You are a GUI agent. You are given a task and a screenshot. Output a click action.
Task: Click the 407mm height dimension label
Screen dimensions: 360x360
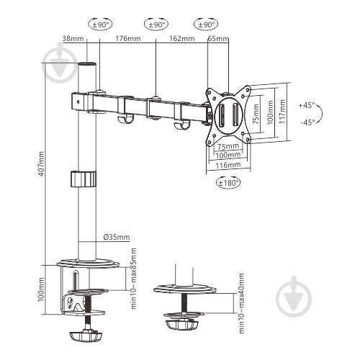[x=41, y=164]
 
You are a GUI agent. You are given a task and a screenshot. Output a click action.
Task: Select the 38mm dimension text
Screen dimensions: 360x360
[x=73, y=38]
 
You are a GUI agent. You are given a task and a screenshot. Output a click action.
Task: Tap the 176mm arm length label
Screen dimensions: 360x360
[x=128, y=38]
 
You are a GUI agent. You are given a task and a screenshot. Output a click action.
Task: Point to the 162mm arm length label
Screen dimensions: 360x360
[x=182, y=38]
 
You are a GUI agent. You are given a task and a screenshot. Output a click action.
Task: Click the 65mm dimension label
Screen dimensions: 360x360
[x=218, y=38]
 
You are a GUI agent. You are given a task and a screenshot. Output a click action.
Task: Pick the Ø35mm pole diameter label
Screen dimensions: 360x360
[x=117, y=237]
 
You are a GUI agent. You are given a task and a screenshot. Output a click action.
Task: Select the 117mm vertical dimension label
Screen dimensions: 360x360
[x=282, y=112]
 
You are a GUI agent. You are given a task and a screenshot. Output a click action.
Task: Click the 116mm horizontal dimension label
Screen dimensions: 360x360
[x=228, y=165]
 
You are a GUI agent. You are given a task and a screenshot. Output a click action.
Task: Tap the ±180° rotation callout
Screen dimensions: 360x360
[x=228, y=183]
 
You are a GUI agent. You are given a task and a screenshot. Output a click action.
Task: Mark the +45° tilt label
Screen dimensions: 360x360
[x=307, y=105]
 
